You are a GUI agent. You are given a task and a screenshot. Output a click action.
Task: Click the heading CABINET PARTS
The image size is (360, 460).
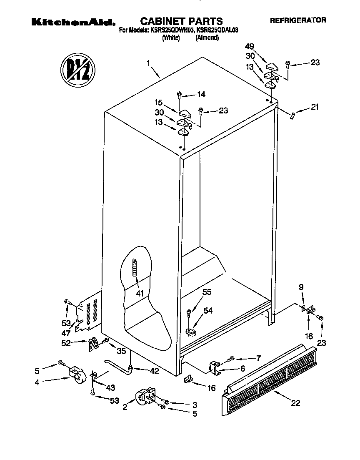181,21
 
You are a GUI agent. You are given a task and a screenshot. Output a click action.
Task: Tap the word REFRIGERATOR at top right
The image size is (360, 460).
298,20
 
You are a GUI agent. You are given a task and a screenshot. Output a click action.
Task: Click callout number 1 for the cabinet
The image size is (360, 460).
148,63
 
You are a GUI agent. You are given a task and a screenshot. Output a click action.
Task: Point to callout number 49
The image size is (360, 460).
249,47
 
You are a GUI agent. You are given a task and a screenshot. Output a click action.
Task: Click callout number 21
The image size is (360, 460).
315,107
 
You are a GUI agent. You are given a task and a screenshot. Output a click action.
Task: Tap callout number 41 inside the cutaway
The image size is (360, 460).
140,294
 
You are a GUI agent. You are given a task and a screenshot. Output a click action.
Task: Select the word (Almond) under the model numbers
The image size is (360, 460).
207,38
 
